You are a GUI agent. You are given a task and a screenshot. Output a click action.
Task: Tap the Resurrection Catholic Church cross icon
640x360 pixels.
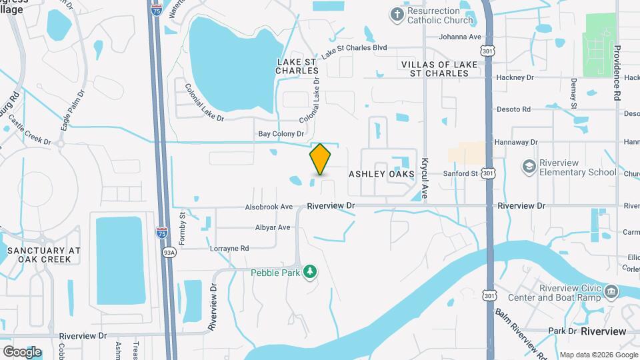397,15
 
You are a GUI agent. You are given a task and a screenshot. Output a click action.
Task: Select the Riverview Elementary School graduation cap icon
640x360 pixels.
529,166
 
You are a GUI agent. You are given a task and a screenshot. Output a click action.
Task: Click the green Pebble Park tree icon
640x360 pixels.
309,272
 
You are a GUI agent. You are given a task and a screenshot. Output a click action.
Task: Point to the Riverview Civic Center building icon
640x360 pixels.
611,291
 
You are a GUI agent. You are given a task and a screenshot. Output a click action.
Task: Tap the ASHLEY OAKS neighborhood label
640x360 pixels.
381,173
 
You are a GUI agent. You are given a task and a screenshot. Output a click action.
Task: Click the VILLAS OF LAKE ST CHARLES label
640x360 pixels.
435,68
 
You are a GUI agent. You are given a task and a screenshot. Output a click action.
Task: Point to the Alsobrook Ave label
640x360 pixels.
269,207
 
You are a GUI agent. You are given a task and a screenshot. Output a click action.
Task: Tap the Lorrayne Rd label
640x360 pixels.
229,248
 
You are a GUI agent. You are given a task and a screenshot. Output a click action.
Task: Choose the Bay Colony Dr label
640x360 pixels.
281,134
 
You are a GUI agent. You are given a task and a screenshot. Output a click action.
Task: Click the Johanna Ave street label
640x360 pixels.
459,37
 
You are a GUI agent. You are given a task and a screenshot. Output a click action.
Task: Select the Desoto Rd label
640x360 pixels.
513,109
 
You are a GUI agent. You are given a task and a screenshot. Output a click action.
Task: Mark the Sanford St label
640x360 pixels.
461,173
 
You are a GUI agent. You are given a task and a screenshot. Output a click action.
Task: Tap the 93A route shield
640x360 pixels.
169,252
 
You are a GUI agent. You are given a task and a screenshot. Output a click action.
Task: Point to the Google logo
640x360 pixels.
22,351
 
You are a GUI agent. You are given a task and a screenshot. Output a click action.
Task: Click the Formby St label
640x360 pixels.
183,227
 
